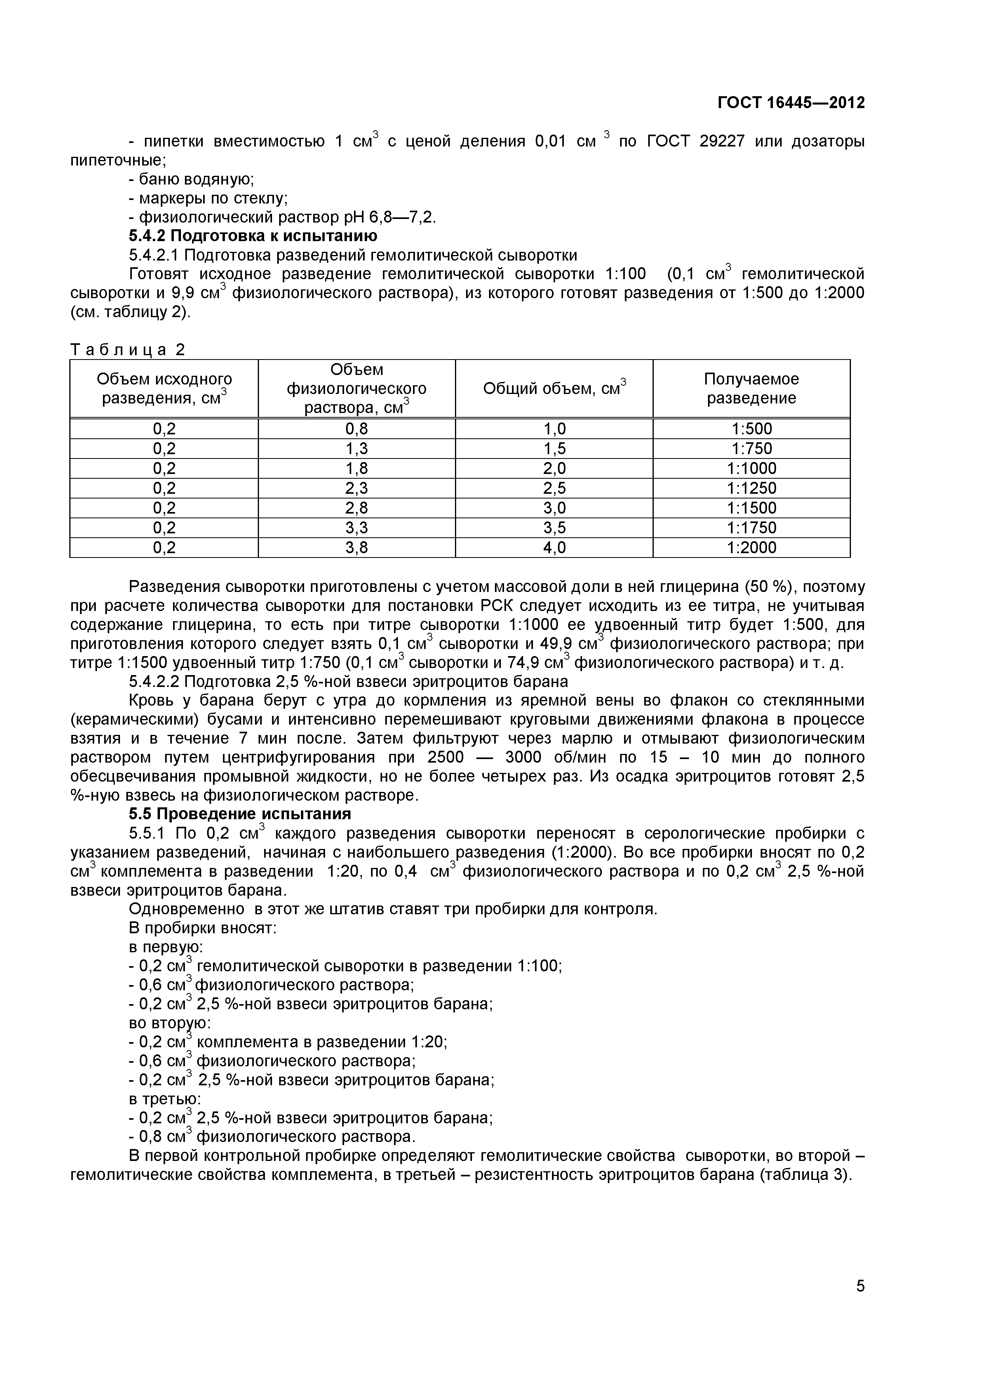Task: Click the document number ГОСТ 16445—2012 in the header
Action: (x=791, y=103)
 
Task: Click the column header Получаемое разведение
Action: (x=751, y=388)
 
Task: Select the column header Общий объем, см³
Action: (x=554, y=388)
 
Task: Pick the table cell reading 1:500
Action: (x=751, y=429)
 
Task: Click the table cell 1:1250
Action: (x=751, y=488)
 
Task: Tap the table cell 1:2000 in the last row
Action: (x=751, y=548)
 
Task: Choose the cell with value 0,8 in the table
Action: (x=356, y=429)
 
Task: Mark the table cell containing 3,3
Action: (x=356, y=527)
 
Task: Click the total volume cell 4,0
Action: (x=554, y=548)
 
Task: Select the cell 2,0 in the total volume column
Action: (x=554, y=468)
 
